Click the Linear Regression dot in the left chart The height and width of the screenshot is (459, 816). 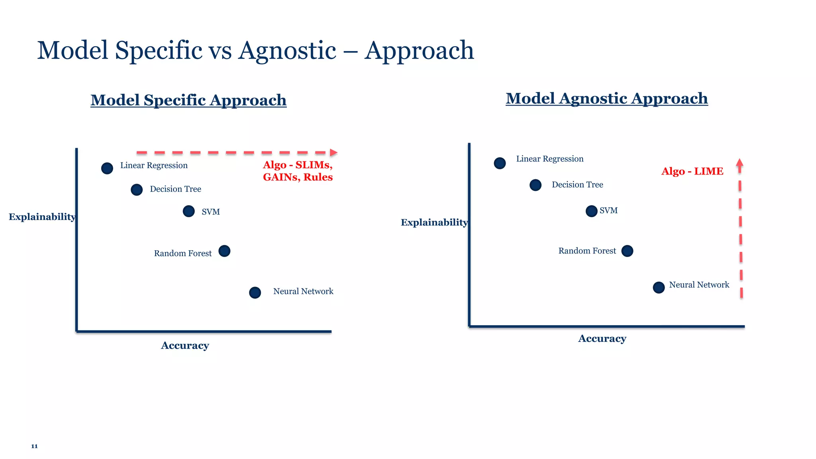pos(107,168)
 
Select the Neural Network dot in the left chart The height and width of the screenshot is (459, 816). pos(255,292)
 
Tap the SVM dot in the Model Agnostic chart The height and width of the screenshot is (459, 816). pos(591,211)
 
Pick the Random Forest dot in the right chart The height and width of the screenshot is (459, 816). pos(627,251)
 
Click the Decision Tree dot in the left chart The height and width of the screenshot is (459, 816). pos(137,190)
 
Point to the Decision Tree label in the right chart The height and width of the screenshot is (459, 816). pos(577,184)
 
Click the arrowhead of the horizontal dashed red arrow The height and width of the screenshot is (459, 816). pos(334,153)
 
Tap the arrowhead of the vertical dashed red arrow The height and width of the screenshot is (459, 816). pos(739,162)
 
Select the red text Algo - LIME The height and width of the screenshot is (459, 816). pos(692,171)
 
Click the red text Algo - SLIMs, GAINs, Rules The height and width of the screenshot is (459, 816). pos(298,171)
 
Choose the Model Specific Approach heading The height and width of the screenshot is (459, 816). pos(188,100)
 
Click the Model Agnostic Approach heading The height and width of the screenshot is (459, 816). pos(606,98)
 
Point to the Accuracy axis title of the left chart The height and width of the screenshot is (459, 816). pos(185,345)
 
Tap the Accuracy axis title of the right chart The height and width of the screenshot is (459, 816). pos(602,339)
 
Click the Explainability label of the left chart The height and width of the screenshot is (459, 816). pos(42,217)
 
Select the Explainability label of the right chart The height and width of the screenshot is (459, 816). pos(434,222)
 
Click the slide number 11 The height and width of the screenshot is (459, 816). pos(34,446)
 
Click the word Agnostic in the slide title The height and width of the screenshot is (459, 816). pos(287,51)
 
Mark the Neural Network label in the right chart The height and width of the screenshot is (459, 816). pos(699,285)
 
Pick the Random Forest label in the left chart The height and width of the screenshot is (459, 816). pos(183,253)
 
